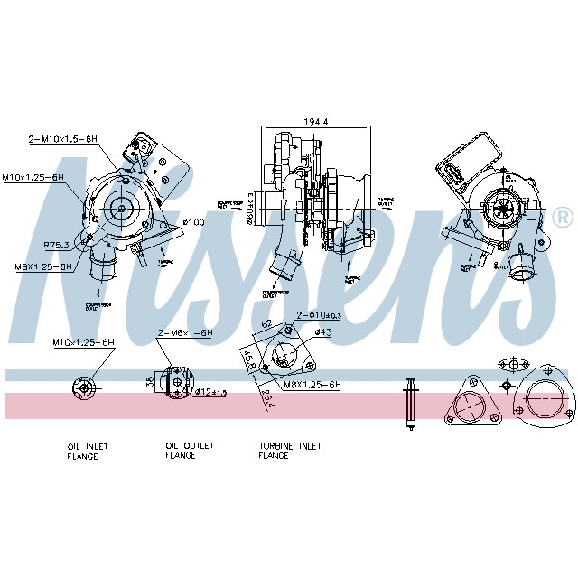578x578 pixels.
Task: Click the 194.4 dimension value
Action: coord(315,120)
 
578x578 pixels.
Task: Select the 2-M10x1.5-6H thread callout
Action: coord(62,138)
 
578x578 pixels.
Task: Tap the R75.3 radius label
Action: coord(57,244)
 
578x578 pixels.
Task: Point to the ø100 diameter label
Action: coord(192,221)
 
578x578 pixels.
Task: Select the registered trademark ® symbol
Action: coord(562,218)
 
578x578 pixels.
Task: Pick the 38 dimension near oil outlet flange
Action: coord(150,382)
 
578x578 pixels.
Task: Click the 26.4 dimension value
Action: coord(268,397)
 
